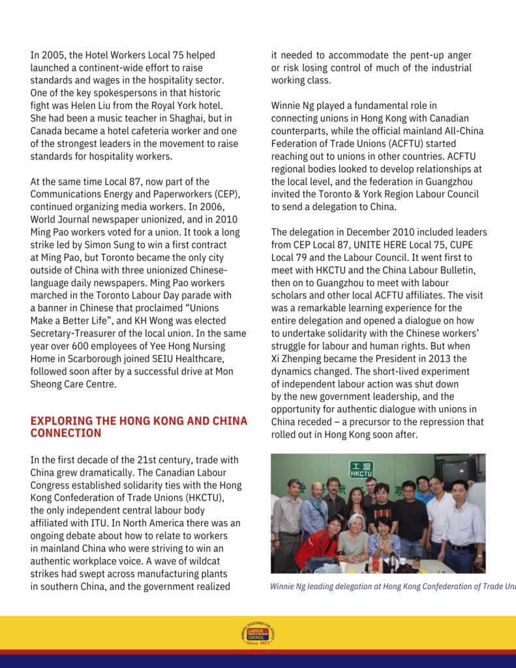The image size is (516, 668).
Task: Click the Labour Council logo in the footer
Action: pyautogui.click(x=258, y=633)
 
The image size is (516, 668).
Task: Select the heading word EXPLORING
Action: pyautogui.click(x=62, y=421)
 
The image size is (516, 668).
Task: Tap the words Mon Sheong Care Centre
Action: pyautogui.click(x=73, y=378)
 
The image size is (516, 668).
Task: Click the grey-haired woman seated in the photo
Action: pyautogui.click(x=356, y=535)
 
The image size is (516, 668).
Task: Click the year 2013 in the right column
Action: pyautogui.click(x=417, y=359)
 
